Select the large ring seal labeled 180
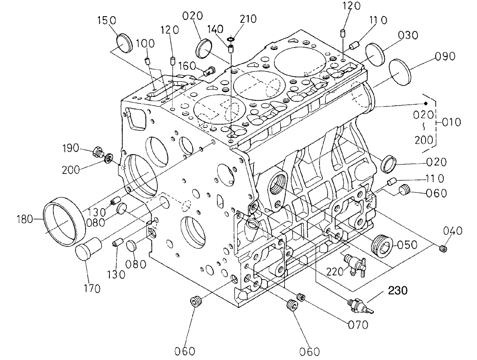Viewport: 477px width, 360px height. [x=65, y=222]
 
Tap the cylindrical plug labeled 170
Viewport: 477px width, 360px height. [x=89, y=249]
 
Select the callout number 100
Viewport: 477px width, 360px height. [x=145, y=43]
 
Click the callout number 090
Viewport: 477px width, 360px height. [x=445, y=56]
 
